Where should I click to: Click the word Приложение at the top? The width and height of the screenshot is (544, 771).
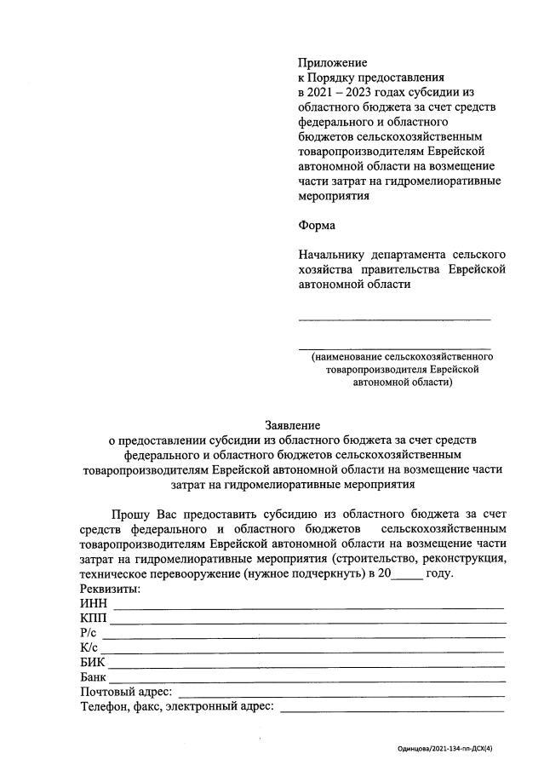coord(332,63)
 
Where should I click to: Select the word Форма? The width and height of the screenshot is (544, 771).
coord(317,226)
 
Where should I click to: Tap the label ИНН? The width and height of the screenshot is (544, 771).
coord(94,604)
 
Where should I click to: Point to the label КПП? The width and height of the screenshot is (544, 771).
coord(94,619)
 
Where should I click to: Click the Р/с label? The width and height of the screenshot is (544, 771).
coord(90,634)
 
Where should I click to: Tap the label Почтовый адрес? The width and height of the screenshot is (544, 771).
coord(126,692)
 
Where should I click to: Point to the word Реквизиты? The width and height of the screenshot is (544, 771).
coord(110,589)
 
